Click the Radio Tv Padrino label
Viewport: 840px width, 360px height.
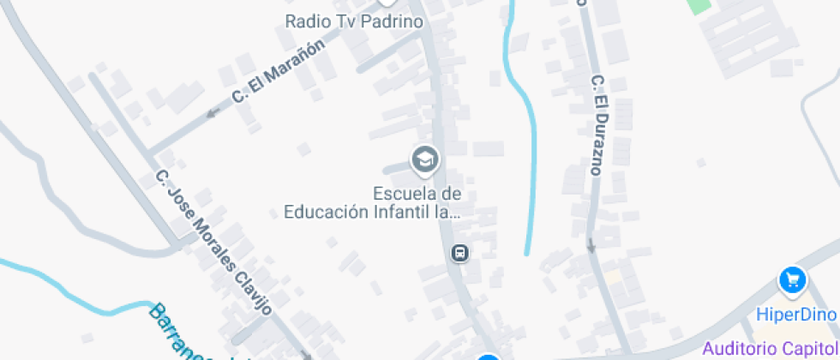(354, 21)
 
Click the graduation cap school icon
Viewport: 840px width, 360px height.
(424, 159)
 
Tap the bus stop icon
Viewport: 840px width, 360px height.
(460, 253)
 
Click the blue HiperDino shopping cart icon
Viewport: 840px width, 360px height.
(793, 279)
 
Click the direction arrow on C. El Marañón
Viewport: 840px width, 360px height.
(212, 112)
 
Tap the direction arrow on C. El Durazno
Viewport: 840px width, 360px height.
(591, 246)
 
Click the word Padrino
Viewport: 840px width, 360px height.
(393, 21)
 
